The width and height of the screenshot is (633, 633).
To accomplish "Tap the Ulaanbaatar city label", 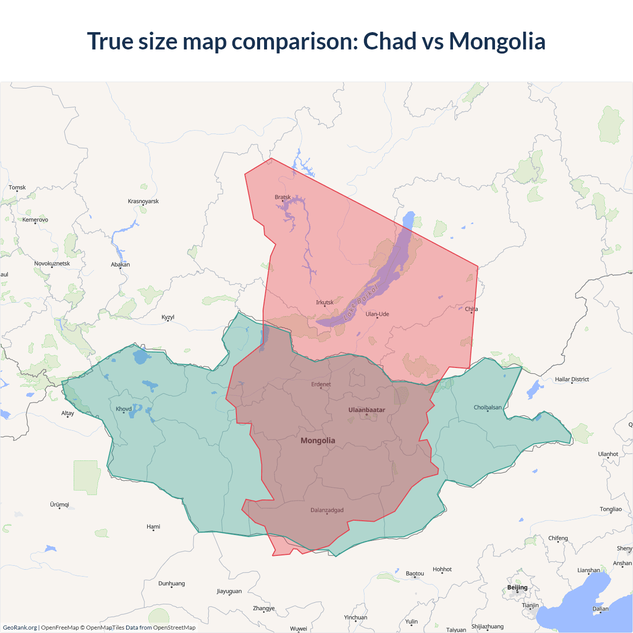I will point(366,410).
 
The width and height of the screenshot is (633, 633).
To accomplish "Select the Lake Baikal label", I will point(361,302).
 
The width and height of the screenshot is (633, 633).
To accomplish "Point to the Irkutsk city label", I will point(325,303).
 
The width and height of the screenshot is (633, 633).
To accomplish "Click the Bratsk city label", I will point(283,197).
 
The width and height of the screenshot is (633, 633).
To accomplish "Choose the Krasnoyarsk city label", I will point(143,201).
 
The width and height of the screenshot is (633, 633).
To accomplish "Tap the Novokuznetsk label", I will point(52,264).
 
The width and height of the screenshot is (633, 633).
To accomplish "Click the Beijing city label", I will point(517,588).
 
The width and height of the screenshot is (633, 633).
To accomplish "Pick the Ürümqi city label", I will point(59,504).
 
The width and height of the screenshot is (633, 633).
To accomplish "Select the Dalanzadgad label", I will point(327,510).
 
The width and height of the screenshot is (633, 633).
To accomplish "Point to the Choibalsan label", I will point(488,407).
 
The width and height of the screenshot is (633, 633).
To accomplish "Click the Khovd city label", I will point(124,409).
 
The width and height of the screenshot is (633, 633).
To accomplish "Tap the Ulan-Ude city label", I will point(377,314).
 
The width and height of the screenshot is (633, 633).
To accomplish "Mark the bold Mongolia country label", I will point(318,441).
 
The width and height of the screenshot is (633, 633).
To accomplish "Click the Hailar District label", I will point(572,379).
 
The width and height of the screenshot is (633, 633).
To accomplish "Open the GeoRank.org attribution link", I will point(20,628).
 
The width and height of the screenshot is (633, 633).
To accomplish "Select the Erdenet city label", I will point(321,384).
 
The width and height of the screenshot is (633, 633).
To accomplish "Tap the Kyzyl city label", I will point(168,317).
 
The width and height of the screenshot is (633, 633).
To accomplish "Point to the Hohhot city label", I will point(442,569).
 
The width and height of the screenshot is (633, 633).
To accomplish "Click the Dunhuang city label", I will point(172,584).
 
